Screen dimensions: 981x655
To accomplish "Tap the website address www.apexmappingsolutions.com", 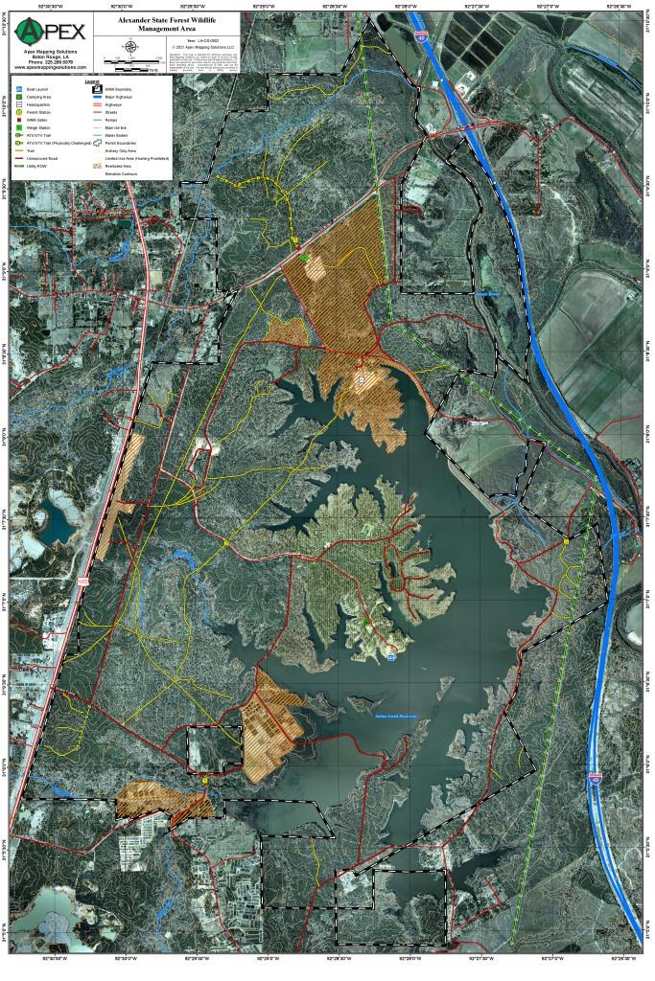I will coord(50,67).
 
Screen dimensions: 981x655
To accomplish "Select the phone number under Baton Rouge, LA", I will coord(50,62).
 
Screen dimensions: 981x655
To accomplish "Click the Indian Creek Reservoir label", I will coord(395,716).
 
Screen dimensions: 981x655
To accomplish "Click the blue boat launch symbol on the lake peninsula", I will coord(391,657).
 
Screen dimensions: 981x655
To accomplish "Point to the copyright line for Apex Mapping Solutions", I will coord(205,46).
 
